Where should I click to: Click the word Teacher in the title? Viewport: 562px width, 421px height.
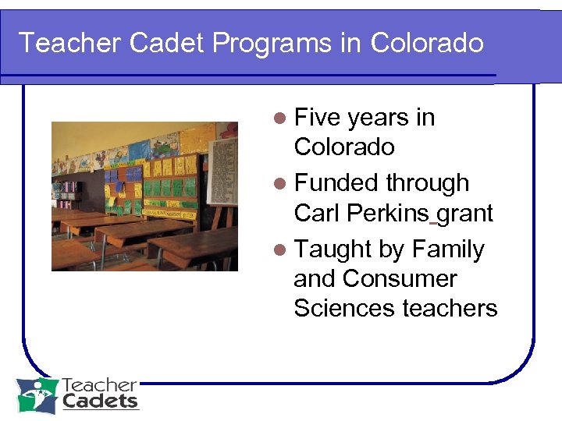(69, 43)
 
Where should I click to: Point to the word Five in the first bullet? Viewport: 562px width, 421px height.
(318, 118)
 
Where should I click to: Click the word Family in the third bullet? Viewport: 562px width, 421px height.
(448, 249)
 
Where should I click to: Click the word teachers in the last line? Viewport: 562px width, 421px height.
(450, 308)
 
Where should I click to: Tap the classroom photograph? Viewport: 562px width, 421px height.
(144, 196)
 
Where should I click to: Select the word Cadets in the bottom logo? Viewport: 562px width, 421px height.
(100, 402)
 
